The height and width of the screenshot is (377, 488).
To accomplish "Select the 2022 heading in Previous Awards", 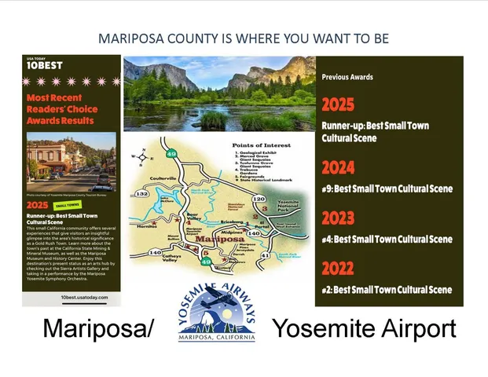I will click(x=338, y=269).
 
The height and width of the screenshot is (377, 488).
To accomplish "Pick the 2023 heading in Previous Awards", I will click(x=338, y=218).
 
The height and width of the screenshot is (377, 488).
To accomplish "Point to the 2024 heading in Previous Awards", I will click(x=338, y=167).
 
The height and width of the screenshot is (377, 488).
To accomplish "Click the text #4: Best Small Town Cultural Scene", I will click(x=387, y=239).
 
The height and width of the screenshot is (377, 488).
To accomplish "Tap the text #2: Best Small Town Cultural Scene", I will click(x=387, y=289).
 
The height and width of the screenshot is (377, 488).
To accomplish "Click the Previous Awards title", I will click(x=347, y=77).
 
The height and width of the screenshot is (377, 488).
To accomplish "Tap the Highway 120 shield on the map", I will click(x=258, y=199).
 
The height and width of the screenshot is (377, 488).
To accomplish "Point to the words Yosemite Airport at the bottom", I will click(x=364, y=328).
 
